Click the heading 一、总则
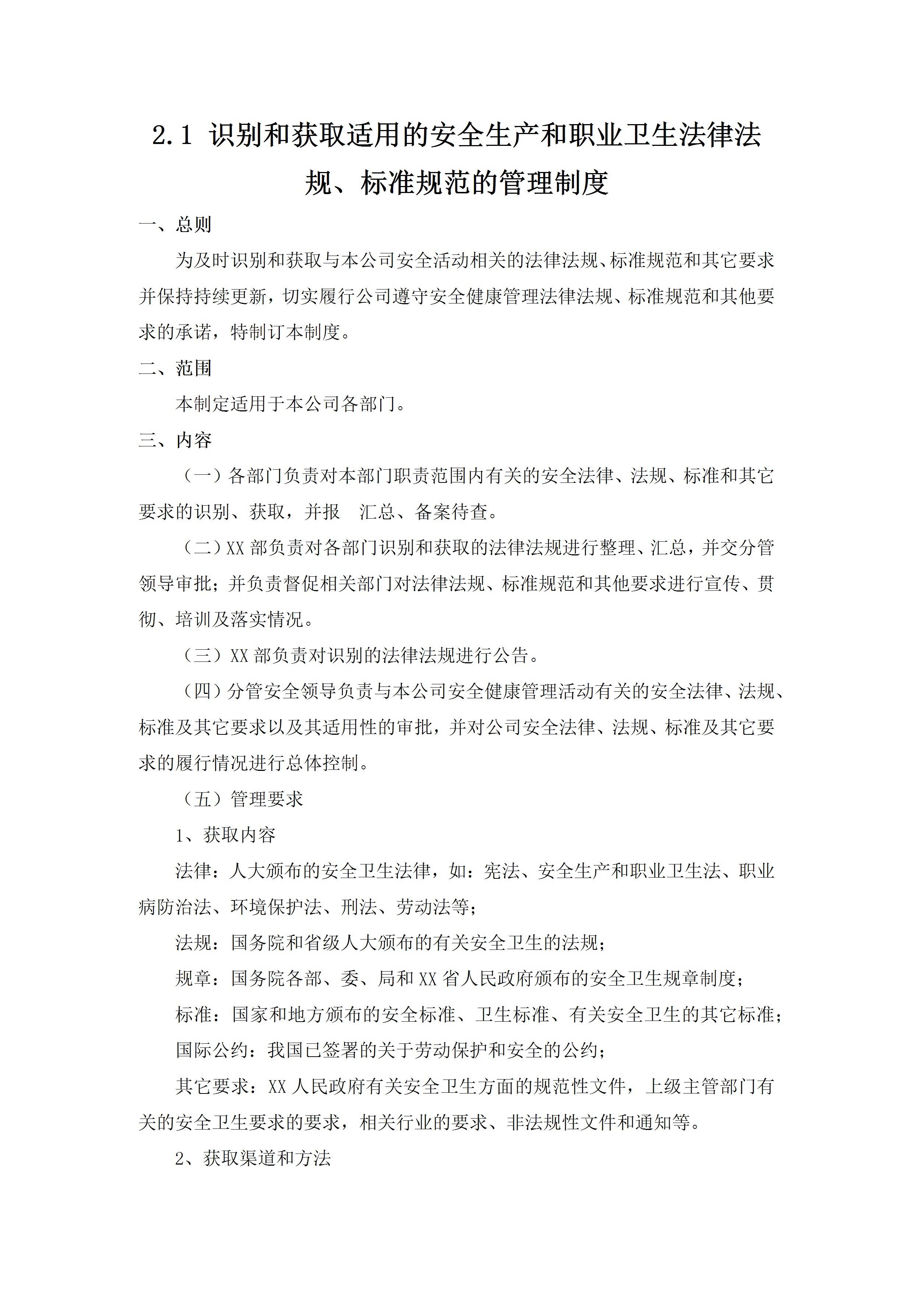(175, 225)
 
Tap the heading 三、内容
(175, 440)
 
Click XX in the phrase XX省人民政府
(428, 979)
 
